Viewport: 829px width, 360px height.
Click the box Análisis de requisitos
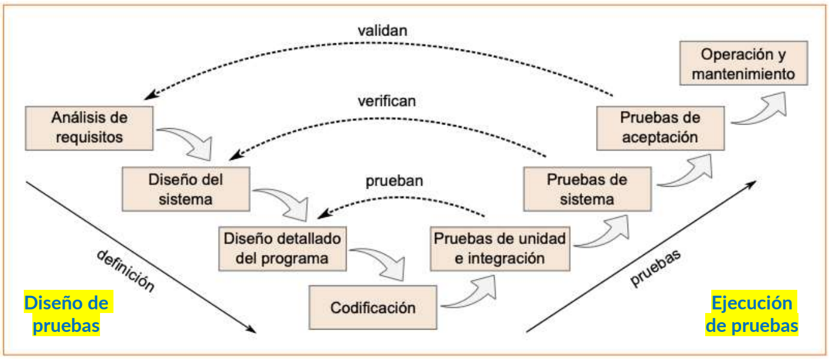[89, 128]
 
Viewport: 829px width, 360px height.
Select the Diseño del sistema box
[186, 189]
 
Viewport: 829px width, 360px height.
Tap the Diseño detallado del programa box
[282, 248]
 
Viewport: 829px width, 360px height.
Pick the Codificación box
[373, 308]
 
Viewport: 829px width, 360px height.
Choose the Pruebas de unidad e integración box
[500, 248]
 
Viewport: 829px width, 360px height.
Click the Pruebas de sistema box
[587, 189]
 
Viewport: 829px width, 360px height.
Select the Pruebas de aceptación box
[660, 128]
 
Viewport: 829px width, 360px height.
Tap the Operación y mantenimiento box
[743, 63]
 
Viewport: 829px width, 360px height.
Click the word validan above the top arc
[382, 31]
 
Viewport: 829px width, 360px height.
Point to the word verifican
[387, 101]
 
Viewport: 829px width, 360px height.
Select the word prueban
[394, 181]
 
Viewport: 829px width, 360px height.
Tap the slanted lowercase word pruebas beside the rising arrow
[655, 268]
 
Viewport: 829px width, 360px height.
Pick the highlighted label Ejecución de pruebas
[752, 314]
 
